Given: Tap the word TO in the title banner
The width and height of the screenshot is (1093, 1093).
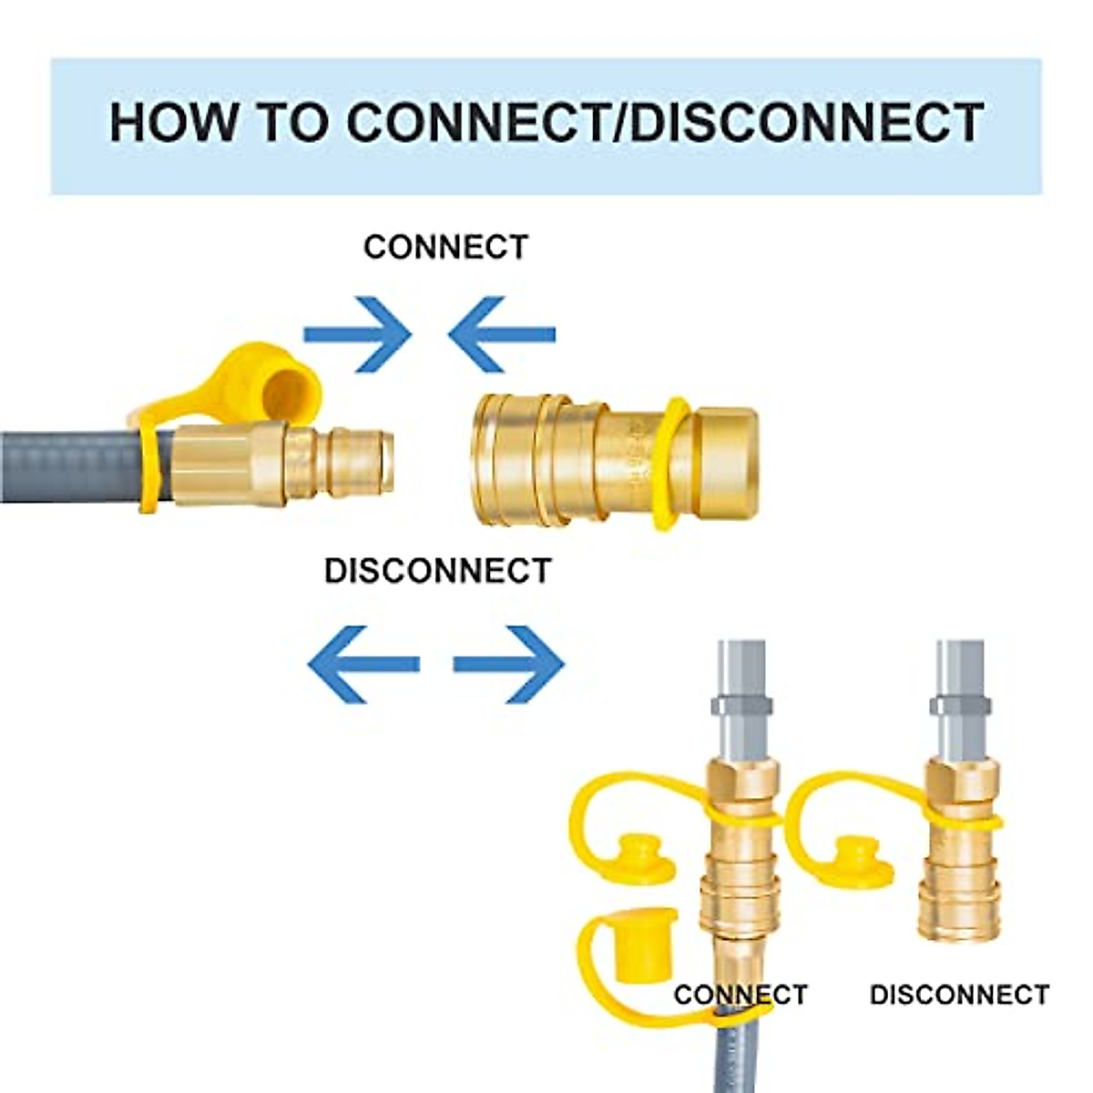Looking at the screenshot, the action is tap(295, 123).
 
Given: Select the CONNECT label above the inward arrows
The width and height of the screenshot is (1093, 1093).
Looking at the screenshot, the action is tap(445, 248).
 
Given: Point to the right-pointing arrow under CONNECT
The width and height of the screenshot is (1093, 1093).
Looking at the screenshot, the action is tap(357, 334).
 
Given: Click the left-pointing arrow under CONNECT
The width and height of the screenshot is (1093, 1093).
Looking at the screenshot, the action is tap(501, 334).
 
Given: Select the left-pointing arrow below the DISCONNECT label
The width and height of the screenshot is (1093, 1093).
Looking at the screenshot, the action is tap(363, 664).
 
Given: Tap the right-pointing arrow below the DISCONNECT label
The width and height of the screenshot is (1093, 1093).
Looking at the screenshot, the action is tap(509, 664).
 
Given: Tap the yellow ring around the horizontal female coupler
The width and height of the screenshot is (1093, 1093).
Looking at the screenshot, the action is tap(671, 464).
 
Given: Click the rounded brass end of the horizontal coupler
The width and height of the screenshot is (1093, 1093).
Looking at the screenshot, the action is tap(726, 461).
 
